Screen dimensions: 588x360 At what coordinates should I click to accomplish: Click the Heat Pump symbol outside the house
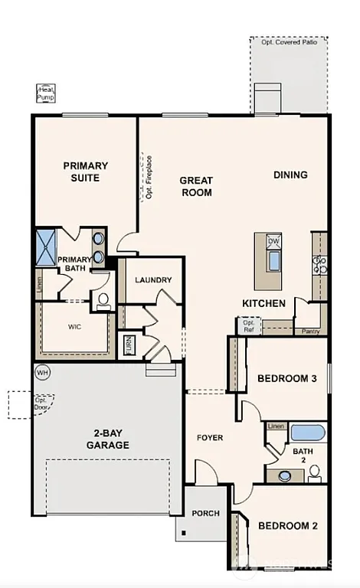(45, 93)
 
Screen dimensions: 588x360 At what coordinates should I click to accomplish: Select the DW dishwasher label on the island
(273, 242)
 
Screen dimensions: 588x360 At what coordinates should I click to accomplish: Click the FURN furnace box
(129, 346)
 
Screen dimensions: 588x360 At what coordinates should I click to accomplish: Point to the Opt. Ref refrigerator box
(249, 325)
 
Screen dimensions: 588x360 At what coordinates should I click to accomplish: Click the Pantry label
(310, 332)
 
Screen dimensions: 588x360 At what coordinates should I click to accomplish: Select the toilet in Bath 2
(314, 475)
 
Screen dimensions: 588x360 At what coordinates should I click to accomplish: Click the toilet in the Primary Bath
(104, 302)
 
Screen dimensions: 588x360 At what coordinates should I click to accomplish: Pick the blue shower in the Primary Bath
(47, 247)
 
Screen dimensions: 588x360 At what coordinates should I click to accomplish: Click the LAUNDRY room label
(153, 280)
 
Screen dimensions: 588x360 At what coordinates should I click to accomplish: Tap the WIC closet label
(74, 326)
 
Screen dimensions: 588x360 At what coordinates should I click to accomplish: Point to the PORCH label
(205, 513)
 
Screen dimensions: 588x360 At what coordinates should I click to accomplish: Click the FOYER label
(210, 438)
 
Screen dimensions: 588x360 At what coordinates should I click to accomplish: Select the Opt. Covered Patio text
(288, 42)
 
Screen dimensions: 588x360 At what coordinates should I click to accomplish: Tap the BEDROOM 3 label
(286, 378)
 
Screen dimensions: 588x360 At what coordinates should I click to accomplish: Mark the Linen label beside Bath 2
(276, 426)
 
